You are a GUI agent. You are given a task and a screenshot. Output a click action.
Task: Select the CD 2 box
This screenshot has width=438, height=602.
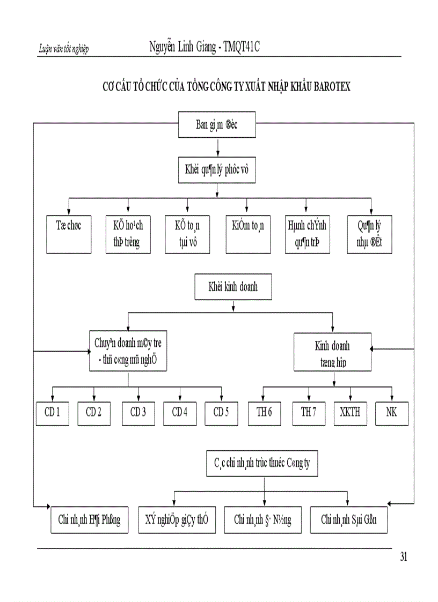(94, 413)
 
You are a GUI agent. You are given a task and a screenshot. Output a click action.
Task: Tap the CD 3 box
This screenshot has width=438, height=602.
(138, 413)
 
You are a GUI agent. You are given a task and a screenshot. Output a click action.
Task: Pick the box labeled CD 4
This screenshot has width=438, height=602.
(180, 413)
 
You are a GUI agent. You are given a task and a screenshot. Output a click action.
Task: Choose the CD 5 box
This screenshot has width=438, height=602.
(221, 413)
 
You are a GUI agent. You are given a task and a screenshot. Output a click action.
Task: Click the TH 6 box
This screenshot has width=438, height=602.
(264, 413)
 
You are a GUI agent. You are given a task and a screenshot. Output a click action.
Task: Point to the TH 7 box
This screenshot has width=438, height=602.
(309, 413)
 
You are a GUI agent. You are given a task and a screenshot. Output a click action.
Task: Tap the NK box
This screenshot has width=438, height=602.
(392, 413)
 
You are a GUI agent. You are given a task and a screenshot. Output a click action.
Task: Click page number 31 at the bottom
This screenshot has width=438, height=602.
(404, 558)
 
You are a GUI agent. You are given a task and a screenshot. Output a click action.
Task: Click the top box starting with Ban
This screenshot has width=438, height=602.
(217, 125)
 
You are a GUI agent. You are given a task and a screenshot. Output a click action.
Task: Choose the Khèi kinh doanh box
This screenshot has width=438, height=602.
(232, 287)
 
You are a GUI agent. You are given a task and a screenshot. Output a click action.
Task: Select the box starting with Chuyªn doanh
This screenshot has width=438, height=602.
(128, 351)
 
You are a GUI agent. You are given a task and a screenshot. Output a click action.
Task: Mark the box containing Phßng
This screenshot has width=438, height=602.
(90, 519)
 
